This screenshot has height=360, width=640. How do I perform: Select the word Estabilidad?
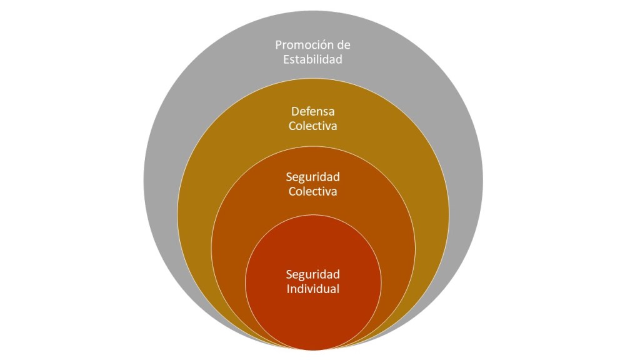tap(312, 61)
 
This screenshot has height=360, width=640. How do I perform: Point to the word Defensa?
tap(312, 112)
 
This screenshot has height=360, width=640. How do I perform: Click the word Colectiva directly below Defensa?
tap(312, 126)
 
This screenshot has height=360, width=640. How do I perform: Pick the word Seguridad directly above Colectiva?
tap(312, 177)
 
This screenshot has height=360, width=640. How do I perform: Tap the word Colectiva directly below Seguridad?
tap(312, 191)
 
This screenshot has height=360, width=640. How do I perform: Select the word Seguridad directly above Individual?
tap(312, 274)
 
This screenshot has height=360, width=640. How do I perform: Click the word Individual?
tap(312, 289)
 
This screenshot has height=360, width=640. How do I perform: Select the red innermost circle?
tap(312, 312)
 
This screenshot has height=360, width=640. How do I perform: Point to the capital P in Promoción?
tap(279, 46)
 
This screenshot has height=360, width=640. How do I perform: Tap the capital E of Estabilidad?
tap(286, 61)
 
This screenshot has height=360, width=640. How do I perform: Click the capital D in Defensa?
tap(295, 112)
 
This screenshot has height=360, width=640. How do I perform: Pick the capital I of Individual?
tap(288, 289)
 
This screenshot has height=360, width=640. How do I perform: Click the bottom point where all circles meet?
tap(312, 347)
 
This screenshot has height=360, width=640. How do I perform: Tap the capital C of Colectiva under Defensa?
tap(292, 126)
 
